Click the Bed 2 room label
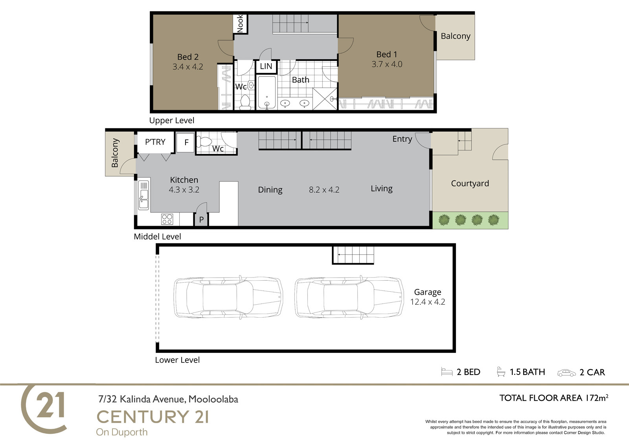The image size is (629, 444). click(188, 57)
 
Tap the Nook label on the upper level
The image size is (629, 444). click(240, 24)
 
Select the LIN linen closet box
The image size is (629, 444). click(266, 66)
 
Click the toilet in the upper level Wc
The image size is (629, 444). click(245, 102)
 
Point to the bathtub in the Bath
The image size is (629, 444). click(267, 92)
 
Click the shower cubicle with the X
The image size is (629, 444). click(325, 99)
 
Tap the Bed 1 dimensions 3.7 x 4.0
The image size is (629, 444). click(387, 64)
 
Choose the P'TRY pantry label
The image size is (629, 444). click(155, 142)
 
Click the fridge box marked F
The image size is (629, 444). click(186, 143)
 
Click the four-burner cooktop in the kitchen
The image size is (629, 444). click(167, 219)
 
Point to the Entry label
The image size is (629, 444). click(402, 139)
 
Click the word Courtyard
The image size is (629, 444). click(470, 183)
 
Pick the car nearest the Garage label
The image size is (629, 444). click(349, 298)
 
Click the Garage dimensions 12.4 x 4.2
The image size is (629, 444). click(428, 302)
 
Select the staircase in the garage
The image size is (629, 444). click(353, 255)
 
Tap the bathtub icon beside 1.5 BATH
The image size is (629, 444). click(501, 372)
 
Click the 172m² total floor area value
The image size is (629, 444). click(597, 398)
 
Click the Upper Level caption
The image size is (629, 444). click(171, 121)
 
